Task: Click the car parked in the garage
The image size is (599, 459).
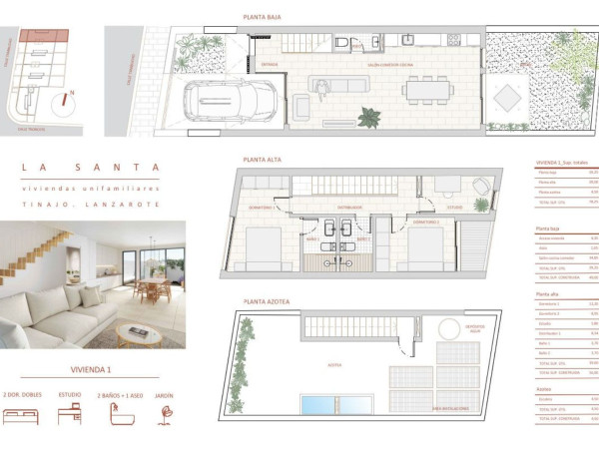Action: [231, 101]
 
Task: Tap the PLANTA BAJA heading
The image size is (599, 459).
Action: [263, 16]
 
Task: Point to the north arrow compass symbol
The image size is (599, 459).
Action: [66, 101]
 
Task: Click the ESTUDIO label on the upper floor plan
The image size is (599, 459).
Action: [454, 209]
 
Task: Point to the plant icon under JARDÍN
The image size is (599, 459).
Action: [166, 416]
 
